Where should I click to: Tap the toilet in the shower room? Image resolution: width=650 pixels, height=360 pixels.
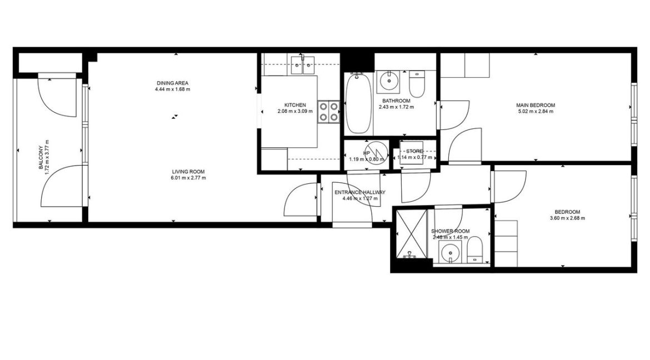pos(476,250)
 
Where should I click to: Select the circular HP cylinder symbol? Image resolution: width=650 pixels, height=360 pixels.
pos(380,151)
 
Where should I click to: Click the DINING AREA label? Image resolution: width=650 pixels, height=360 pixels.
pos(172,83)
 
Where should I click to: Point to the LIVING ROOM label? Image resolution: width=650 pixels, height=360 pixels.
pos(188,171)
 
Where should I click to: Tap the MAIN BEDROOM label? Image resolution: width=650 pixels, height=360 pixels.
pos(535,105)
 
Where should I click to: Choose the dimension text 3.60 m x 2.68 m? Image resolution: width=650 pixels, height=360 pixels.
pos(567,218)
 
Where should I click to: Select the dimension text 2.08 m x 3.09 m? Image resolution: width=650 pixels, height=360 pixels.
pos(295,111)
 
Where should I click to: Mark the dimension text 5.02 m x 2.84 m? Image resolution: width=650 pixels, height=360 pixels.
pos(535,111)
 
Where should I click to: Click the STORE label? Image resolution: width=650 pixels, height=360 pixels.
pos(414,151)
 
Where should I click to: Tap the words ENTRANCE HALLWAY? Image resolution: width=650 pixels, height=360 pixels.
pos(359,192)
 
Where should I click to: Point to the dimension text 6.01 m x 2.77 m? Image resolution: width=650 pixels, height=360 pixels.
pos(188,178)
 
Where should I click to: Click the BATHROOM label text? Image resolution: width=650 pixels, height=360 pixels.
pos(396,101)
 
